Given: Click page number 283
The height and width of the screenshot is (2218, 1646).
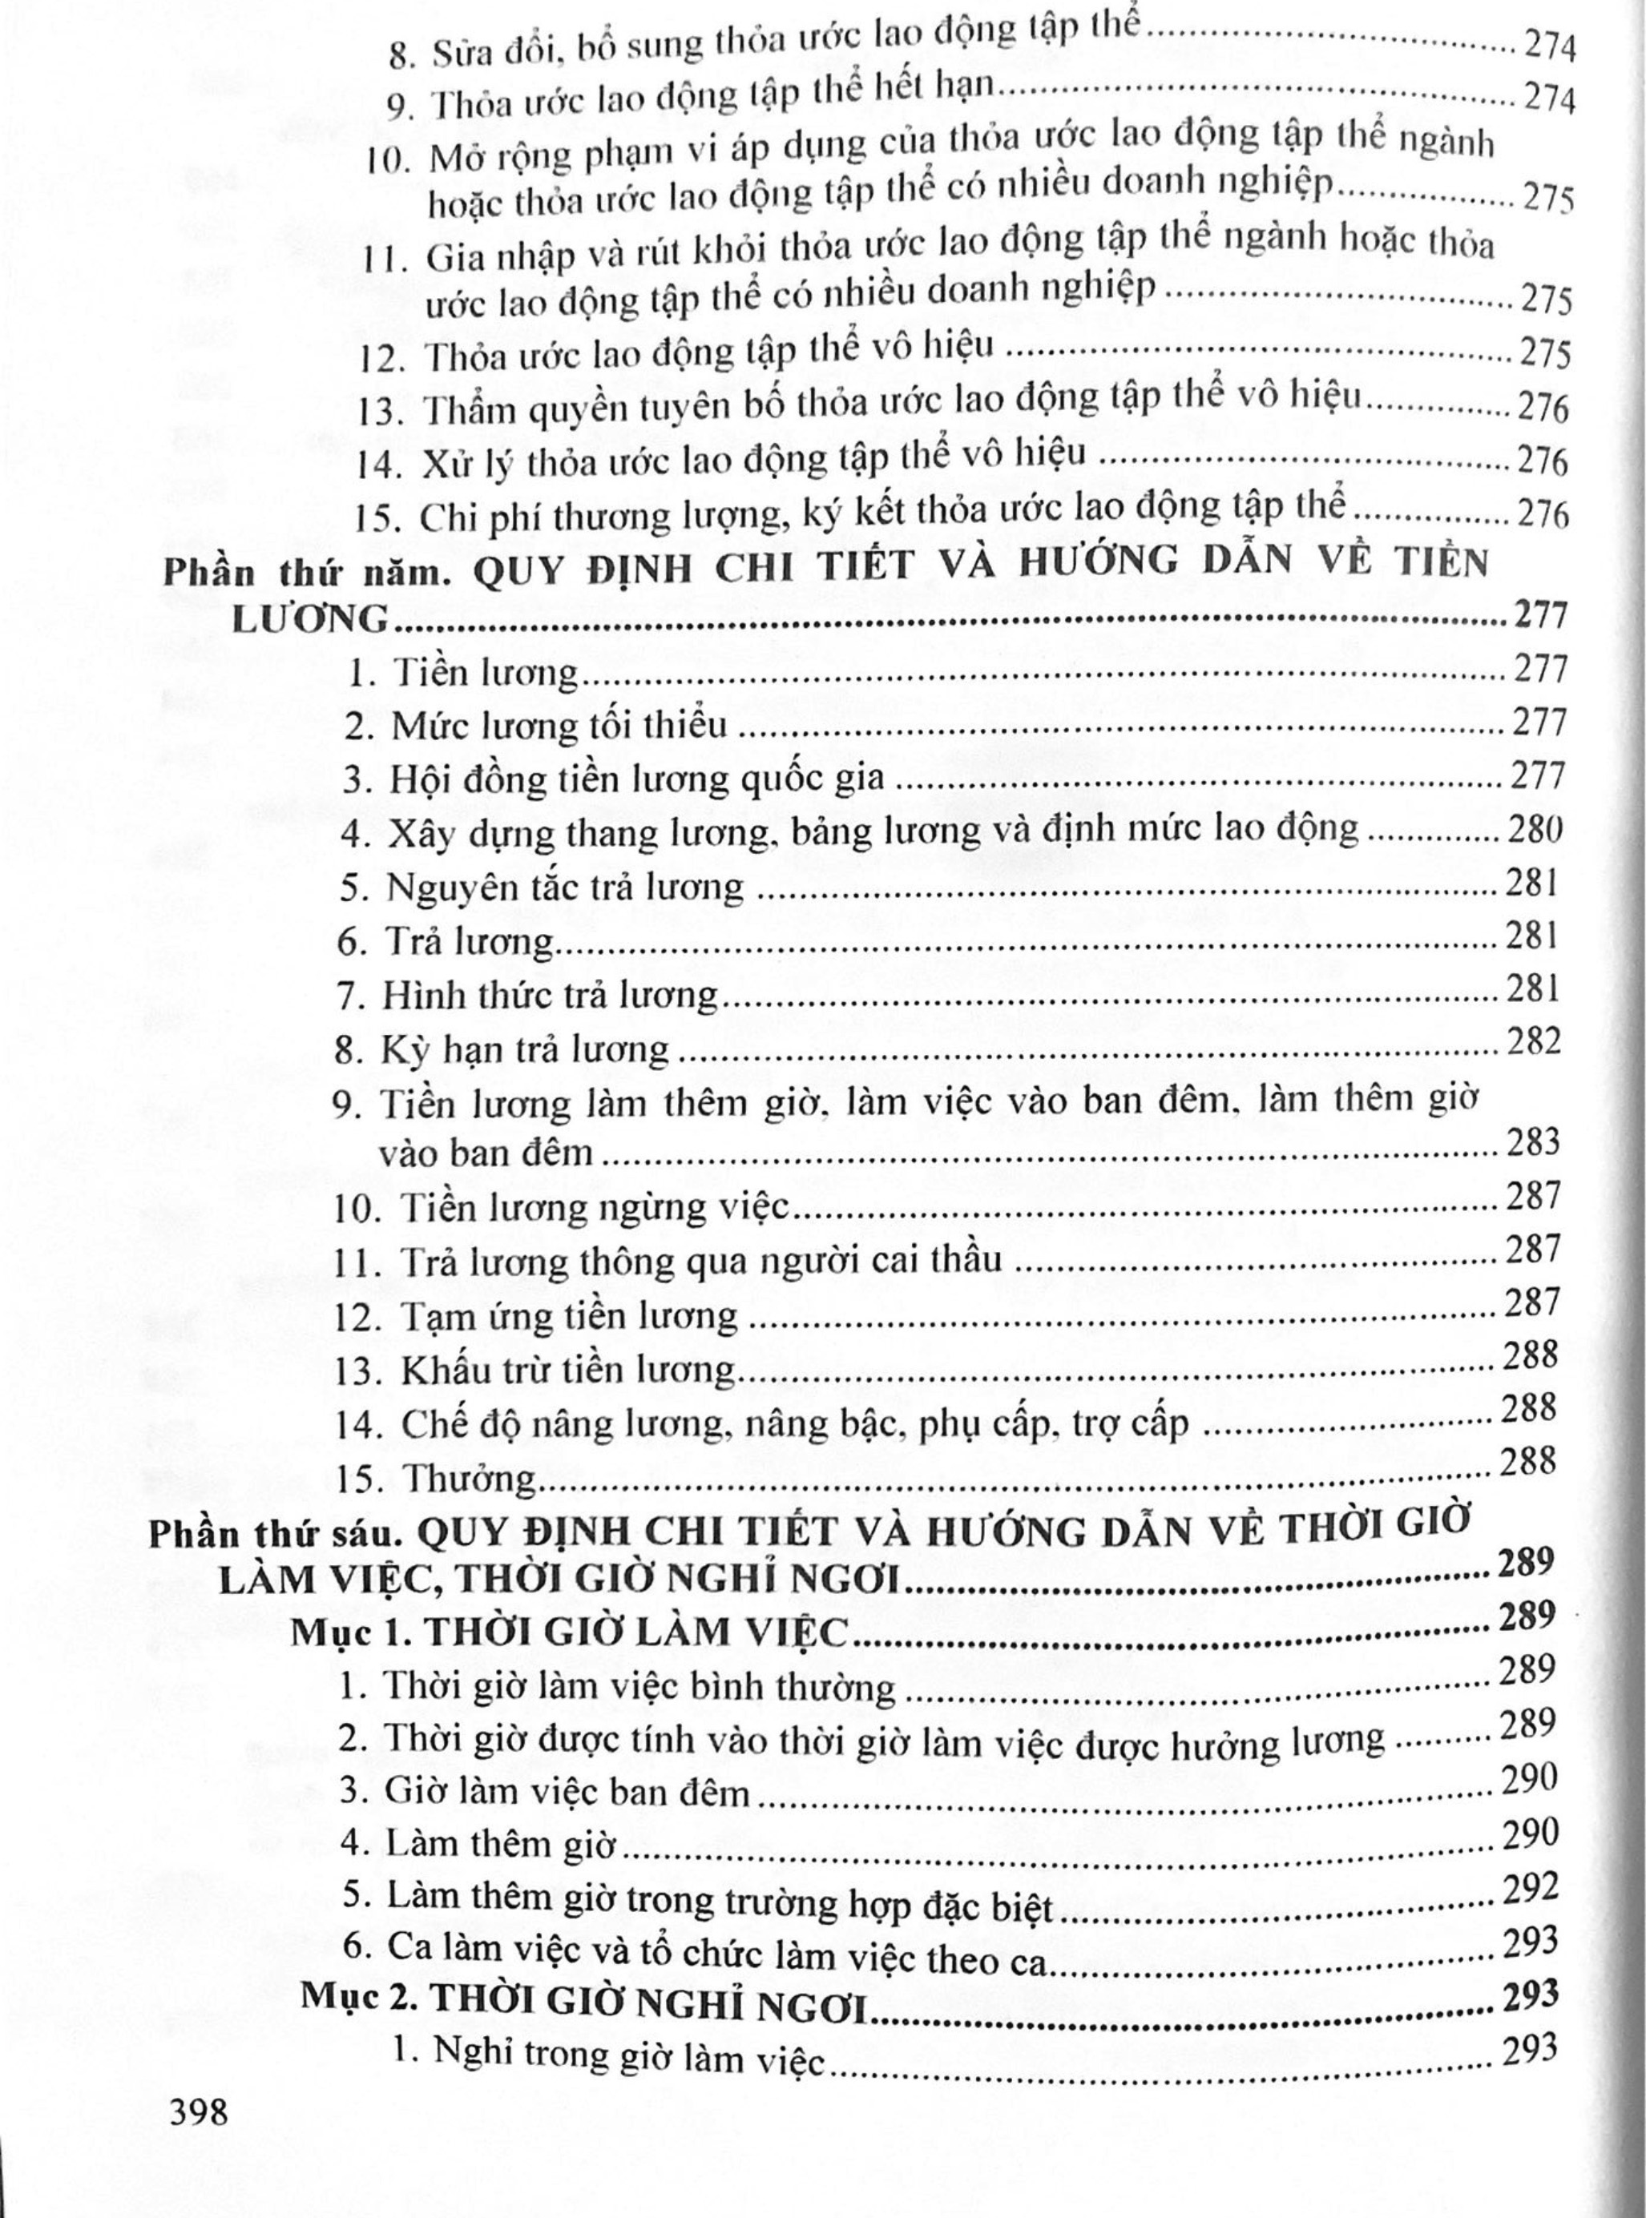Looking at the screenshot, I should [x=1532, y=1141].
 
